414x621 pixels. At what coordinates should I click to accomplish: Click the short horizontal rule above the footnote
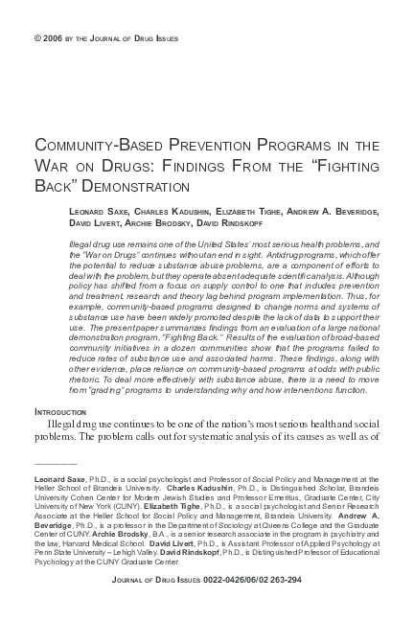pos(55,462)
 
